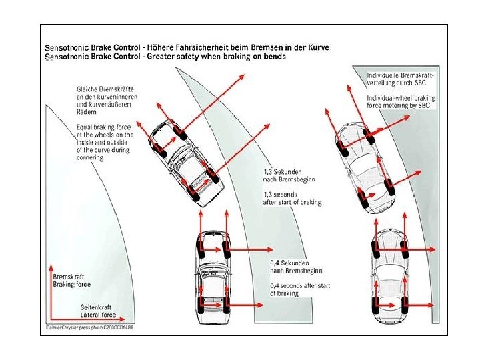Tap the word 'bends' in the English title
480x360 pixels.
[x=274, y=57]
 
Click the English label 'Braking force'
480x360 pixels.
[x=71, y=284]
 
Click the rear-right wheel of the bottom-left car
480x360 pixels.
[x=227, y=308]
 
